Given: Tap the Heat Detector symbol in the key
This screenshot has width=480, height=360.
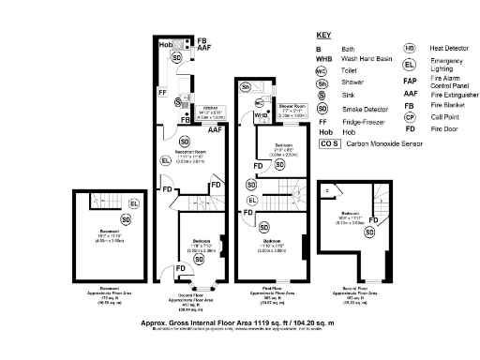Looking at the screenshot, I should click(410, 48).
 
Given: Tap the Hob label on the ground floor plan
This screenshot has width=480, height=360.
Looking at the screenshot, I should click(165, 45).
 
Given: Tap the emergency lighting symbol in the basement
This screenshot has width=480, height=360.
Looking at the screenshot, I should click(132, 203).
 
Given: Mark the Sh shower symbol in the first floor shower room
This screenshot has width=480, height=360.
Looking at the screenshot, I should click(246, 86).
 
